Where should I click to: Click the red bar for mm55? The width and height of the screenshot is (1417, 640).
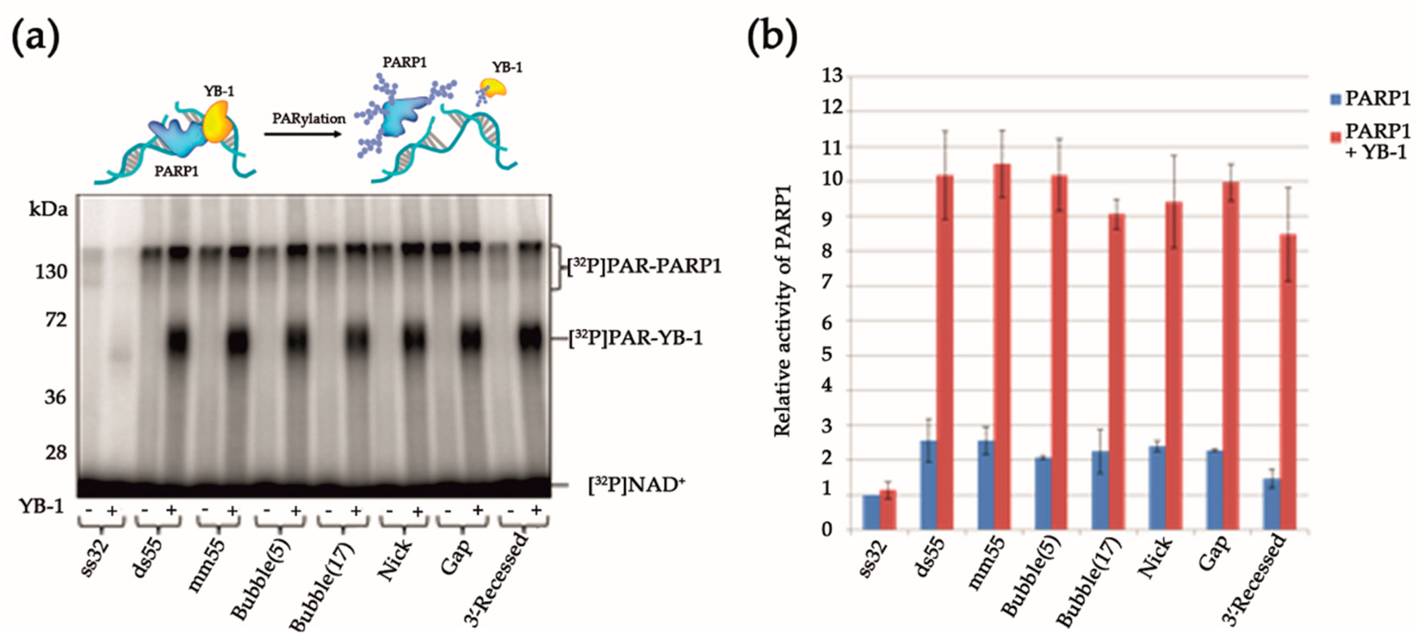(1002, 347)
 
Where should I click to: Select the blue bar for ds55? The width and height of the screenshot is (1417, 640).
(928, 484)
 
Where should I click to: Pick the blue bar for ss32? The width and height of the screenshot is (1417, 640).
(871, 512)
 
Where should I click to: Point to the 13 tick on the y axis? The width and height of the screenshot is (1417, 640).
(832, 75)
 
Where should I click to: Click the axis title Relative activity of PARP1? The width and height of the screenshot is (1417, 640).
(782, 311)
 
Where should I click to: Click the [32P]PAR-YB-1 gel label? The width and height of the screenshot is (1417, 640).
(635, 338)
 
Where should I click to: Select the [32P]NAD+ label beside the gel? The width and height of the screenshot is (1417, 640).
(636, 485)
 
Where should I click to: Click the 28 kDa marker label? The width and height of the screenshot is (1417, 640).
(55, 452)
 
